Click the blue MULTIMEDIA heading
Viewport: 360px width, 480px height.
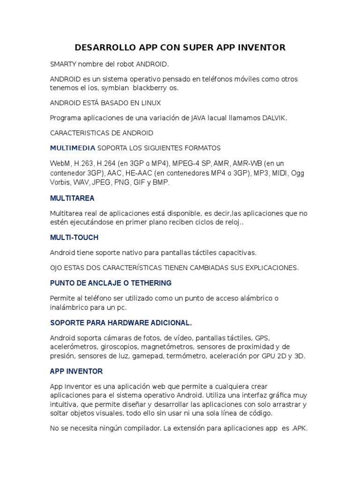73,148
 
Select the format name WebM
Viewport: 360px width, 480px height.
60,163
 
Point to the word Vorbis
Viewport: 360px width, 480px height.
60,182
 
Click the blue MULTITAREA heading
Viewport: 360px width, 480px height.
72,198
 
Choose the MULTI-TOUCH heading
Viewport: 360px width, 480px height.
74,238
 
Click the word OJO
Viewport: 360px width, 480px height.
56,268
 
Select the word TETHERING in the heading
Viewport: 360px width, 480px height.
150,284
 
